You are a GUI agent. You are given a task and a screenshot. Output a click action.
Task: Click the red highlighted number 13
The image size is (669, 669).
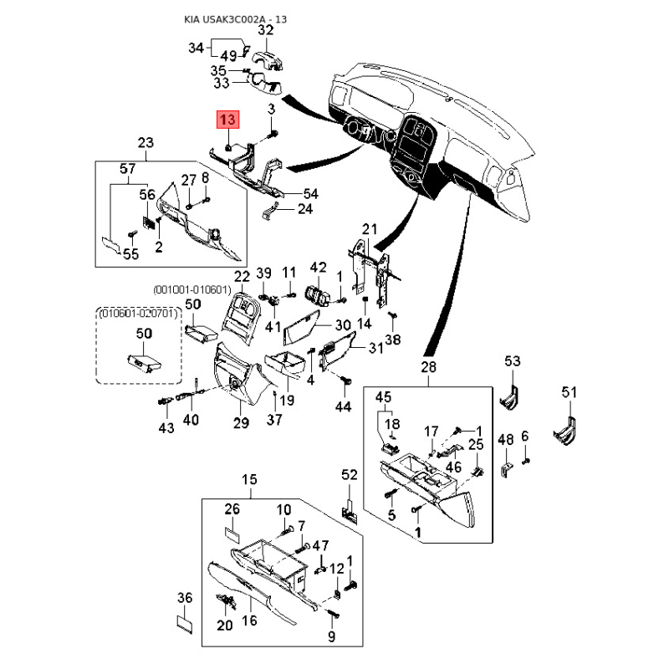point(228,120)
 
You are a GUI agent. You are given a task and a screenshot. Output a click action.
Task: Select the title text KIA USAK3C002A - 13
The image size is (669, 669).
point(236,19)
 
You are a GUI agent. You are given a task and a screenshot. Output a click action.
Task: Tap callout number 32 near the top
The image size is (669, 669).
point(265,30)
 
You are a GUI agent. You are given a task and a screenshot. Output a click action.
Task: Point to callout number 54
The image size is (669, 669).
point(310,194)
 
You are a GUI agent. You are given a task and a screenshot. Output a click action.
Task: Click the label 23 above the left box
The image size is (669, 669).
point(146,142)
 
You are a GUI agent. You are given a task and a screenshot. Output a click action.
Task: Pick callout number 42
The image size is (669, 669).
point(319,268)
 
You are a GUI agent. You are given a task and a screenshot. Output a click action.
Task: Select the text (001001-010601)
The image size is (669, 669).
point(192,290)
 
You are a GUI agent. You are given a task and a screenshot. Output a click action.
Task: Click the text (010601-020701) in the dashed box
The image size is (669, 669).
point(138,314)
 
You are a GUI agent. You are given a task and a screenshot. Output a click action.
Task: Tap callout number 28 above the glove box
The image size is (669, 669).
point(428,367)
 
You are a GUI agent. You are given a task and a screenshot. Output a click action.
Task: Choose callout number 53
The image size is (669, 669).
point(513,361)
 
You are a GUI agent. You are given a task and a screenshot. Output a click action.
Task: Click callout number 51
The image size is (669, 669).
point(569,392)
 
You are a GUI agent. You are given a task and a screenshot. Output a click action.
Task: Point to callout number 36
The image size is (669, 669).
point(185,598)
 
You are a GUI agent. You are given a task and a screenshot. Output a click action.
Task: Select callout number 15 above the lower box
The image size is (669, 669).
point(249,479)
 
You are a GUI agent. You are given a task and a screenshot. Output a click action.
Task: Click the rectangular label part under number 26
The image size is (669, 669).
point(232,535)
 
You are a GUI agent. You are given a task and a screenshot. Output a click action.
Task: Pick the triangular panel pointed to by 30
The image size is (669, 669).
point(301,327)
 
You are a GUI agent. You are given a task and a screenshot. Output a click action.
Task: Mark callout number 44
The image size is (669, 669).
point(344,406)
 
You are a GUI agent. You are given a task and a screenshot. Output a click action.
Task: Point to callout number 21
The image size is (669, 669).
point(370,229)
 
